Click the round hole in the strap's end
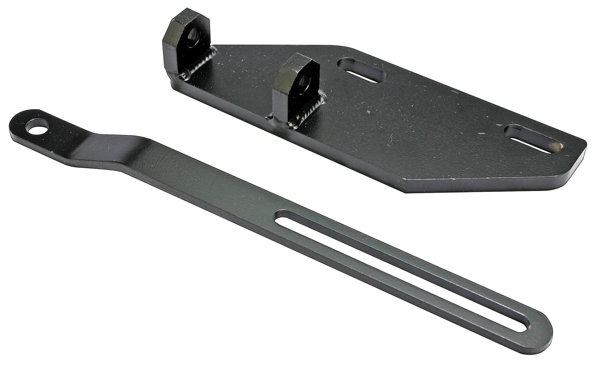39,128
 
